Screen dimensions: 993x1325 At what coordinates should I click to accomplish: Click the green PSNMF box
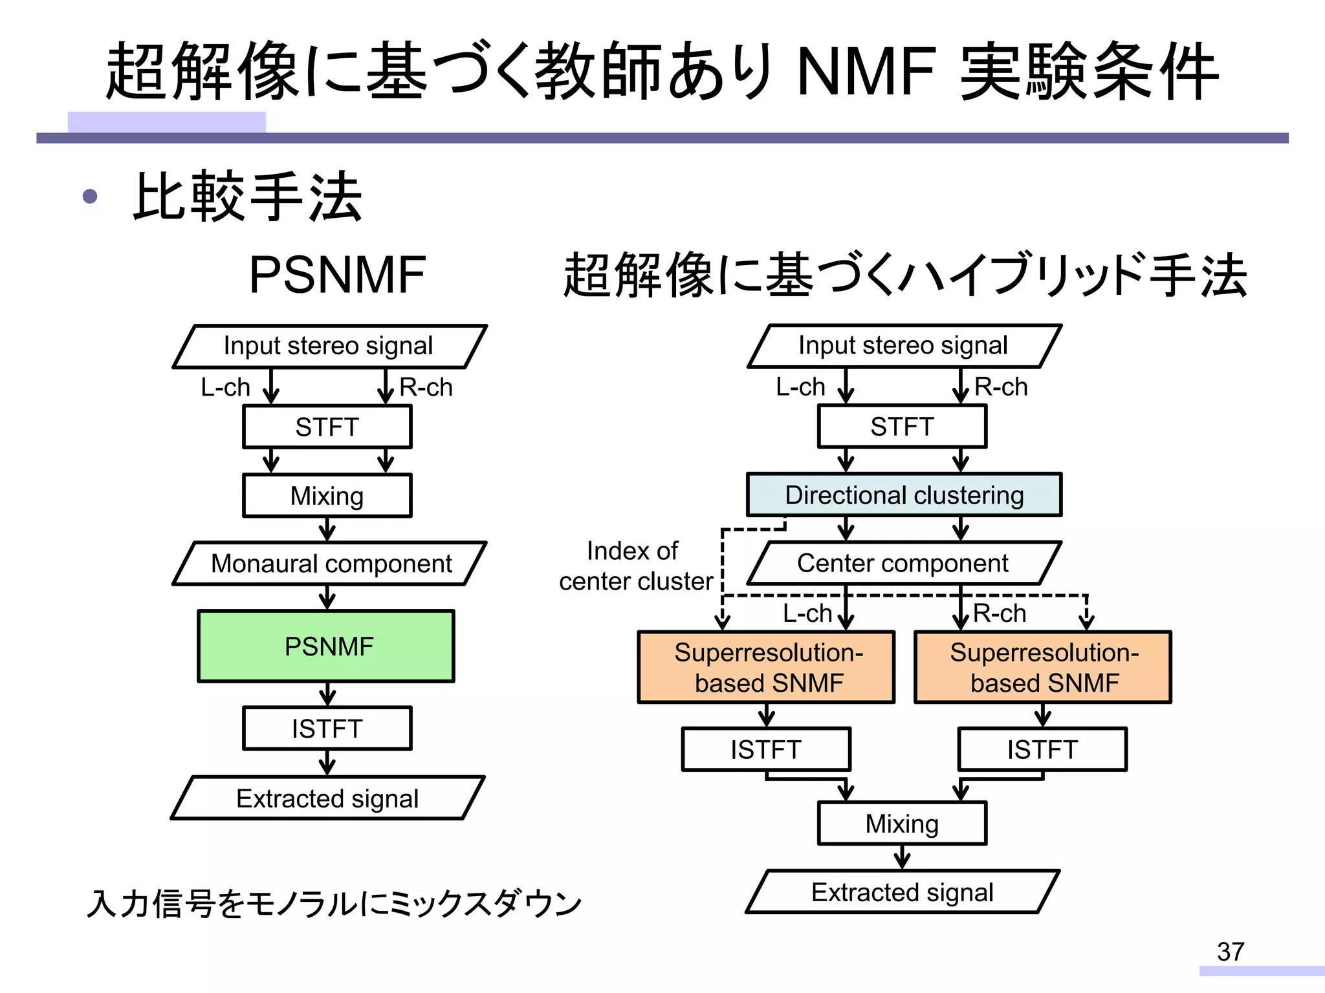pyautogui.click(x=326, y=646)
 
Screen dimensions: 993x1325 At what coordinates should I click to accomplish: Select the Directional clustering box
pyautogui.click(x=904, y=495)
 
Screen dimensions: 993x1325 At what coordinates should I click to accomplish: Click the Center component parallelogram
pyautogui.click(x=903, y=563)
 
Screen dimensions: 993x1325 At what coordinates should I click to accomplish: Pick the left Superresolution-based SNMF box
pyautogui.click(x=767, y=667)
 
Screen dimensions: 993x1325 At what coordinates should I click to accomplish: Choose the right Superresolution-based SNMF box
pyautogui.click(x=1043, y=667)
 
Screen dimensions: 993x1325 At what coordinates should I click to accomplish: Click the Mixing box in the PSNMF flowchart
pyautogui.click(x=327, y=496)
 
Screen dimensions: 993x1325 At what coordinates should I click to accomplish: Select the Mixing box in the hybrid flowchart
pyautogui.click(x=902, y=824)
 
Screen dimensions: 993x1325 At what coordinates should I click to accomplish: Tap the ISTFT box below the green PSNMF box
pyautogui.click(x=327, y=729)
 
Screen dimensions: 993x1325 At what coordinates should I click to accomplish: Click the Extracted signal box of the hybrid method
pyautogui.click(x=902, y=892)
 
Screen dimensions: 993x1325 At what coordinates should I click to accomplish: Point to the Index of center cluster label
pyautogui.click(x=635, y=566)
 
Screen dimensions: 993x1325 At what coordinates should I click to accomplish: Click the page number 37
pyautogui.click(x=1230, y=952)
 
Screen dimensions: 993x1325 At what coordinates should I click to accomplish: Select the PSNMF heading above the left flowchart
pyautogui.click(x=337, y=275)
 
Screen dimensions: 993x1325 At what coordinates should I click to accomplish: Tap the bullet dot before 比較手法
pyautogui.click(x=91, y=196)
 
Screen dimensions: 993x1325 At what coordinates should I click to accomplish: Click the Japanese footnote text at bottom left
pyautogui.click(x=334, y=903)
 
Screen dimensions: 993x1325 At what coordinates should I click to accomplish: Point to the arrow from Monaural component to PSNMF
pyautogui.click(x=327, y=597)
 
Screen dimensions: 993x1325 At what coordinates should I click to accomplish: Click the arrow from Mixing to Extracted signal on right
pyautogui.click(x=902, y=857)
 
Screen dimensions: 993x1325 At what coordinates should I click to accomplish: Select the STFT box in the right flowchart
pyautogui.click(x=902, y=427)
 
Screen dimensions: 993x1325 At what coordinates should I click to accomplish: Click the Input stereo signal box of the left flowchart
pyautogui.click(x=329, y=346)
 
